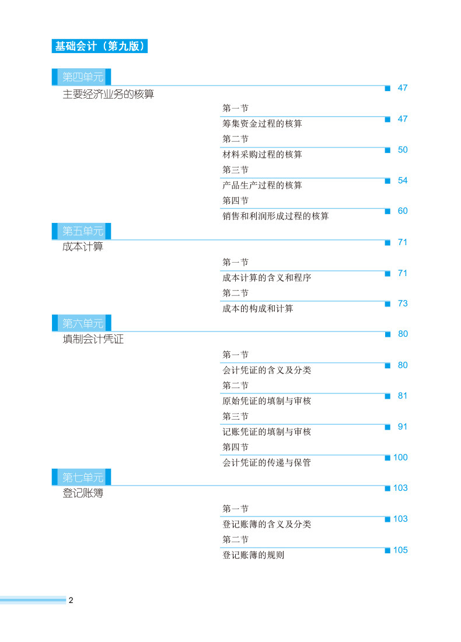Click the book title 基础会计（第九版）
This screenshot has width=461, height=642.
(99, 46)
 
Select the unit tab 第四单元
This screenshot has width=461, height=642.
(82, 77)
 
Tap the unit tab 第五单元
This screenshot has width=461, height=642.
(82, 231)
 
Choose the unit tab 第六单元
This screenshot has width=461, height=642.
(82, 323)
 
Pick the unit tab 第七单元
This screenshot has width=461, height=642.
(82, 477)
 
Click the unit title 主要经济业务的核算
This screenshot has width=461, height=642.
(108, 94)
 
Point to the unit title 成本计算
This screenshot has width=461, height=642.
(82, 247)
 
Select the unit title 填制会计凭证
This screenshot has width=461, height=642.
(93, 339)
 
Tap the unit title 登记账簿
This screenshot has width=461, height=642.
(82, 493)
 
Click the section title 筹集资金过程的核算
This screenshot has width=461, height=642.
(262, 124)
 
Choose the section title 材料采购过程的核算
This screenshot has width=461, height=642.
(262, 155)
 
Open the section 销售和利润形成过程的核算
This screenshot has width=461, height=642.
(275, 216)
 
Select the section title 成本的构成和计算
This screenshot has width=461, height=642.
(257, 308)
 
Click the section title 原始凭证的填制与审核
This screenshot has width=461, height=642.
(267, 401)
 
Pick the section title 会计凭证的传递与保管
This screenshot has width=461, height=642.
(267, 462)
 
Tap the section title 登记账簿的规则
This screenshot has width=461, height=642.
(253, 555)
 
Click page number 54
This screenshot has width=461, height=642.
(403, 180)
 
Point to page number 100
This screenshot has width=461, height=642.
(400, 457)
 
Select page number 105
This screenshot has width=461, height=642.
(400, 550)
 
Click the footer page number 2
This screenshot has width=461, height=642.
(71, 601)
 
